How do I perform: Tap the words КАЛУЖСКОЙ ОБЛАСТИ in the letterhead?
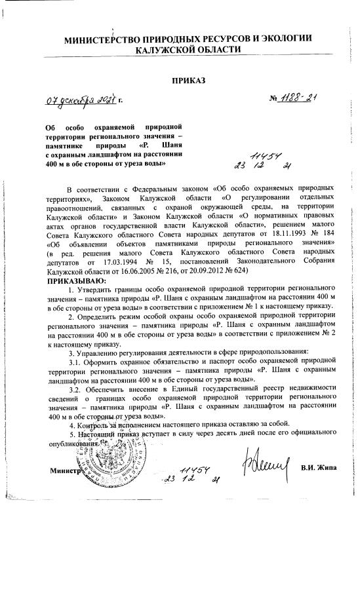188,50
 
